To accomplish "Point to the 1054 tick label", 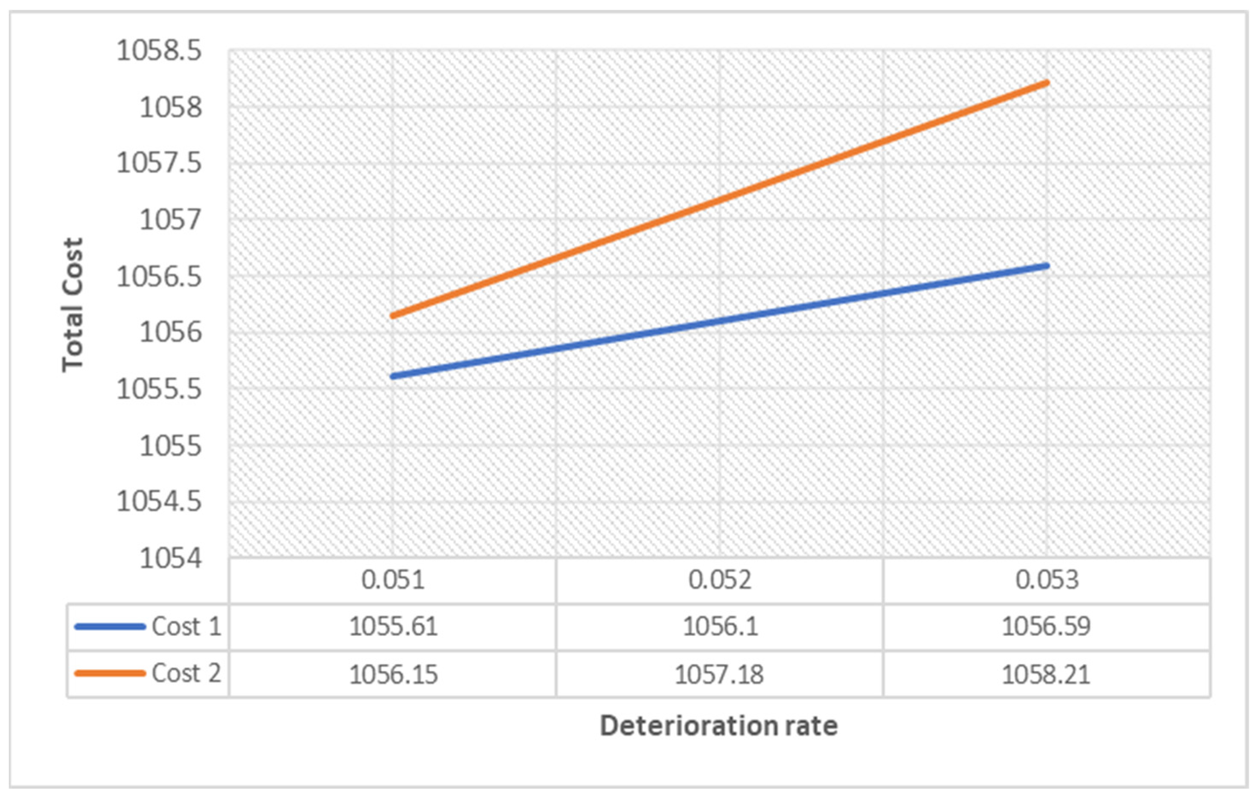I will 170,558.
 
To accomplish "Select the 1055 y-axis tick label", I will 170,446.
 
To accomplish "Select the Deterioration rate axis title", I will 719,725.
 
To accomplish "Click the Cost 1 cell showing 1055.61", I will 393,627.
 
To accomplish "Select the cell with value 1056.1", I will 719,627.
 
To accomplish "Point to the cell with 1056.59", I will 1046,627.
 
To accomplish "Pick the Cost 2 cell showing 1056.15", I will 393,674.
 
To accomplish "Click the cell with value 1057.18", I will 719,674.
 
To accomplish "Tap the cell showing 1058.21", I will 1046,674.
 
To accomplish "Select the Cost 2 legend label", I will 186,673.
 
